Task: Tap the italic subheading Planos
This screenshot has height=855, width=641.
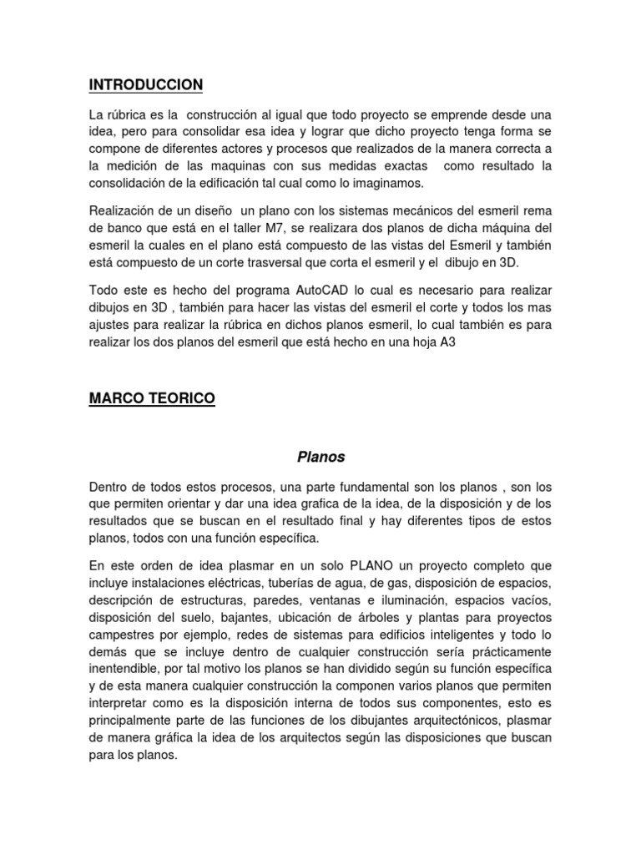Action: point(320,457)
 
